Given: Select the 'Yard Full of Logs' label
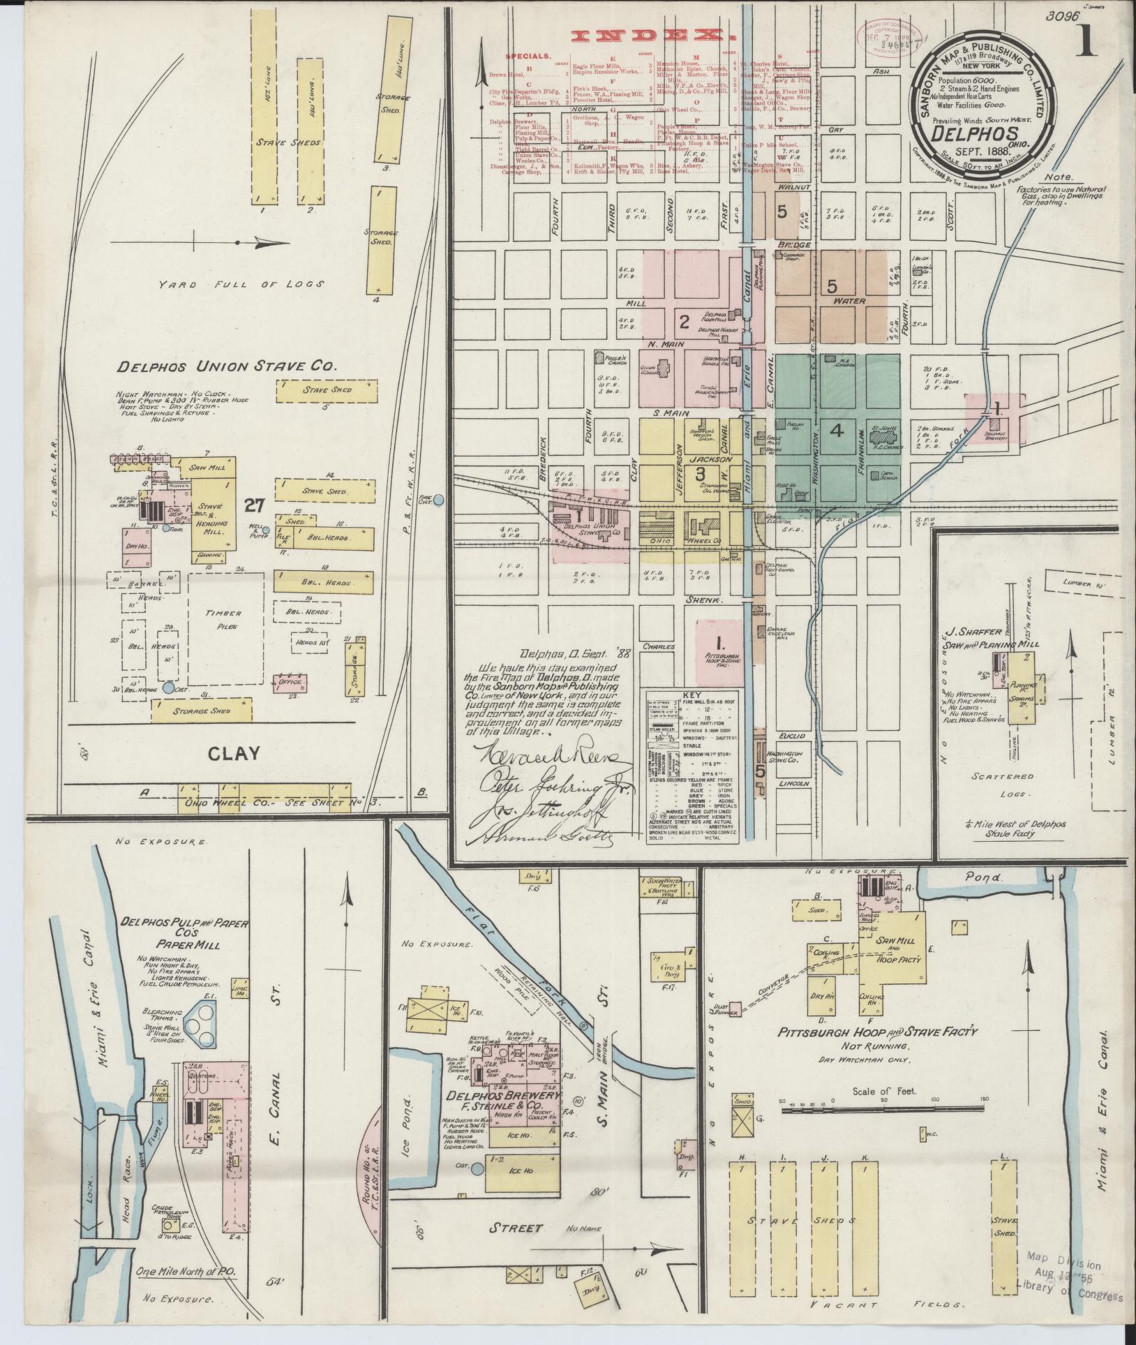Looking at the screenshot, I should tap(241, 284).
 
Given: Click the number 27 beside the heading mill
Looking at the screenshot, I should tap(253, 503).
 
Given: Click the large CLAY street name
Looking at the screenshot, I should tap(233, 753).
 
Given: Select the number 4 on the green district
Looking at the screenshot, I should tap(837, 431).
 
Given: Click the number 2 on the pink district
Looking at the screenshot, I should tap(685, 321).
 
